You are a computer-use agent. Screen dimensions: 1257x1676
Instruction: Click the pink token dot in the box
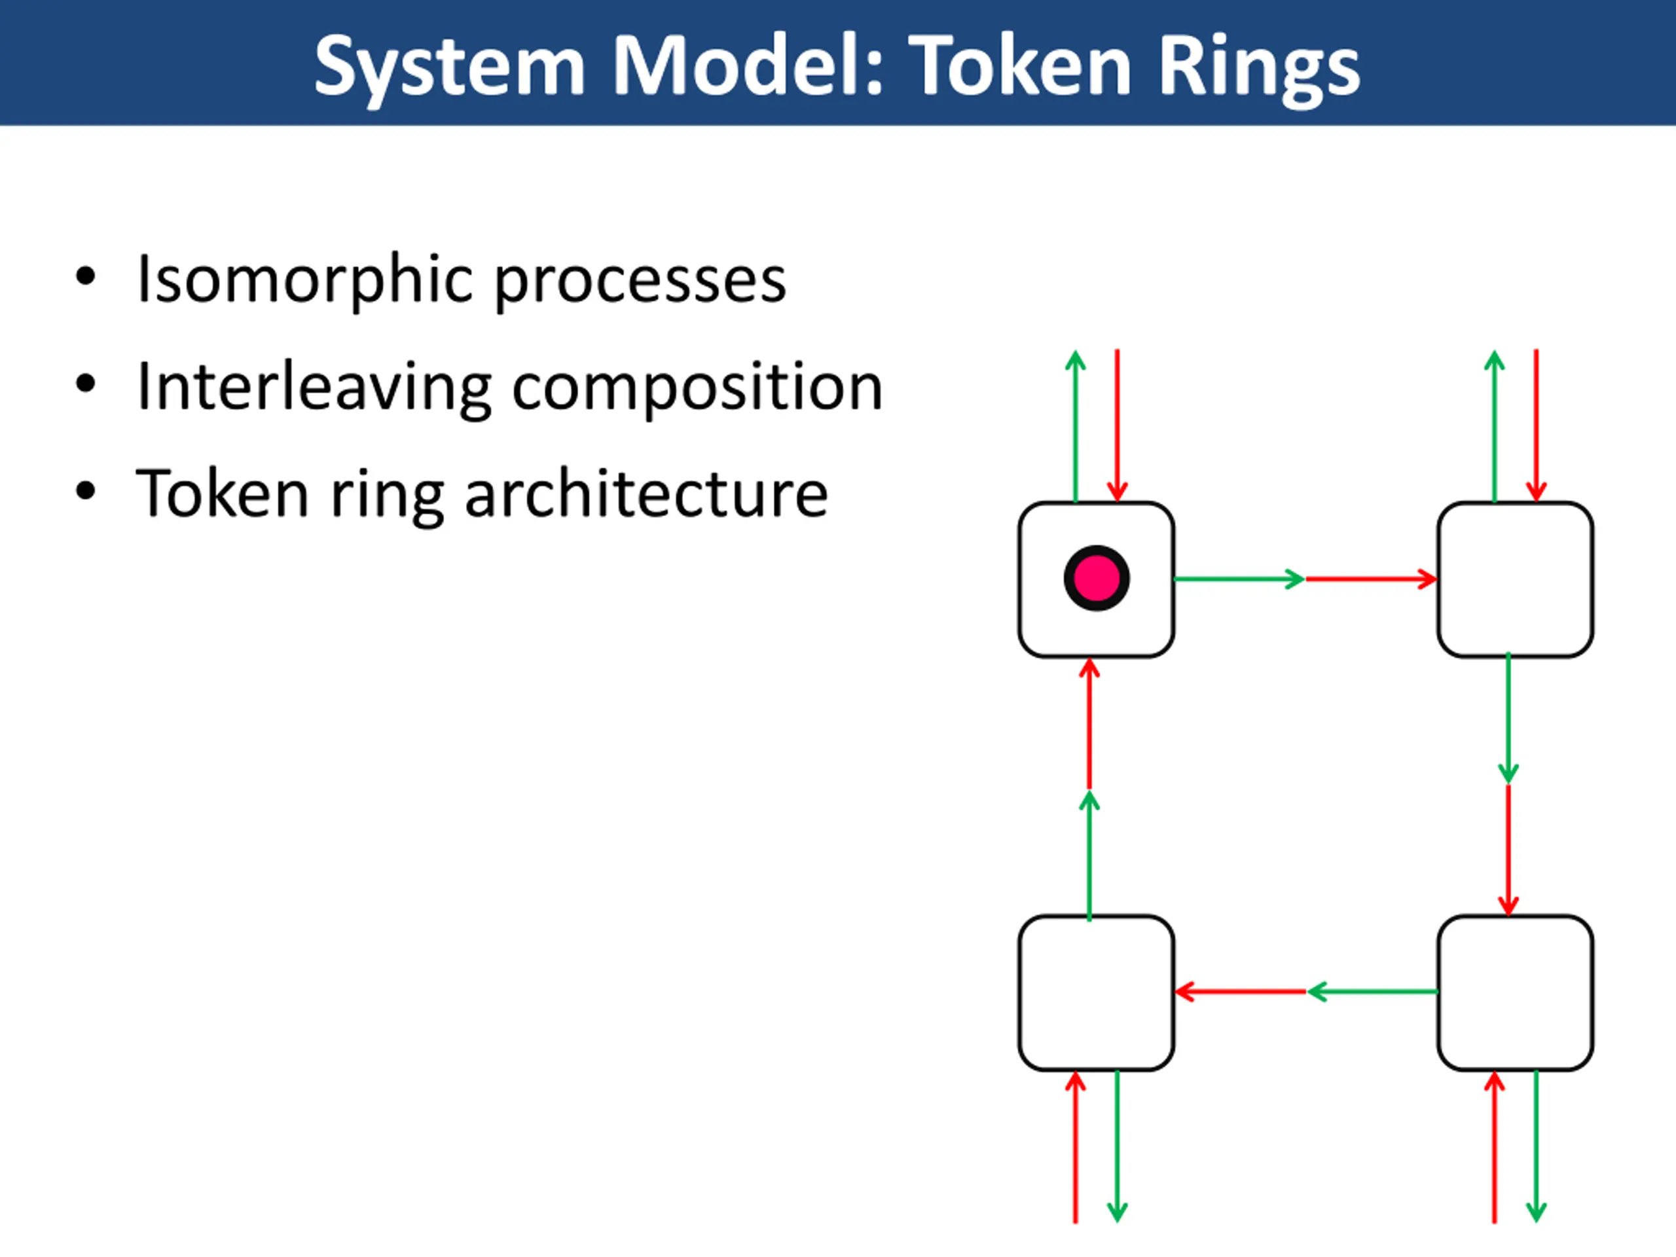coord(1097,578)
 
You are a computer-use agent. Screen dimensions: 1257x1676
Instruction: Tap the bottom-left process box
coord(1097,993)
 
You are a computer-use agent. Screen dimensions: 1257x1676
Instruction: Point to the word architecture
coord(646,494)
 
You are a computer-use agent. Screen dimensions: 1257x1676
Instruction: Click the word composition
coord(697,389)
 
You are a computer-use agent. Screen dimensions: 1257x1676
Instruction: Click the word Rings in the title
coord(1258,67)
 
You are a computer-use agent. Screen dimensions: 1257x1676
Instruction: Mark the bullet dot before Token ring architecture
coord(86,491)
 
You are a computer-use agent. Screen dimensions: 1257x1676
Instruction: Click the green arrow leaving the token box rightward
coord(1238,579)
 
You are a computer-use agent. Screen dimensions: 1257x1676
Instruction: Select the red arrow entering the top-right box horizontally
coord(1372,579)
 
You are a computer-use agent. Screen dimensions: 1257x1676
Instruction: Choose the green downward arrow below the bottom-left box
coord(1118,1145)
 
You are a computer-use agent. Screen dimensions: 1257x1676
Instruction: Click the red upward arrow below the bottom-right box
coord(1494,1145)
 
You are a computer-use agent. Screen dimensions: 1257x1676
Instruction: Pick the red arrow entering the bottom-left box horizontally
coord(1241,991)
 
